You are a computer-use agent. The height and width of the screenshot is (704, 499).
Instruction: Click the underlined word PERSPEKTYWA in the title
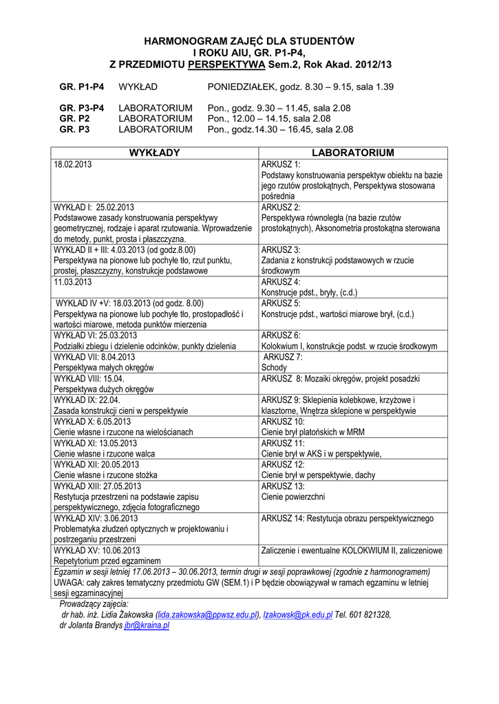coord(226,64)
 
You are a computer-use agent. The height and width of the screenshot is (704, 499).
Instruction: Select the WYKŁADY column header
coord(154,153)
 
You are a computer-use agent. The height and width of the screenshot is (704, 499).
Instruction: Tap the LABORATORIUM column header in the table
coord(354,153)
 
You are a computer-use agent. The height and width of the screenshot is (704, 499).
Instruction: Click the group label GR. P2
coord(74,118)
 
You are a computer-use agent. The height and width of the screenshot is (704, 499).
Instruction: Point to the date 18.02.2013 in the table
coord(73,165)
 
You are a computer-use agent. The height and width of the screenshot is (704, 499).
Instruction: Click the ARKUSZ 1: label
coord(281,165)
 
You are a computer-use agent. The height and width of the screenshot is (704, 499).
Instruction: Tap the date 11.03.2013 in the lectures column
coord(73,282)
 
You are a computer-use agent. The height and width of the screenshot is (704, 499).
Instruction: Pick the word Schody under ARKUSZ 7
coord(274,368)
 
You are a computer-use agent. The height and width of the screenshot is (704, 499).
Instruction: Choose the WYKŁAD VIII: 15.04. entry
coord(89,379)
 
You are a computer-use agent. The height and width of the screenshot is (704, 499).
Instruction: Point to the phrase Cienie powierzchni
coord(293,496)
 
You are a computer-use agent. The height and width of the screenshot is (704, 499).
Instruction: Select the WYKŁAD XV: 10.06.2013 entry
coord(97,550)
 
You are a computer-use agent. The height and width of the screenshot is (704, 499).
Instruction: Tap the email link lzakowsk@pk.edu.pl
coord(298,615)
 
